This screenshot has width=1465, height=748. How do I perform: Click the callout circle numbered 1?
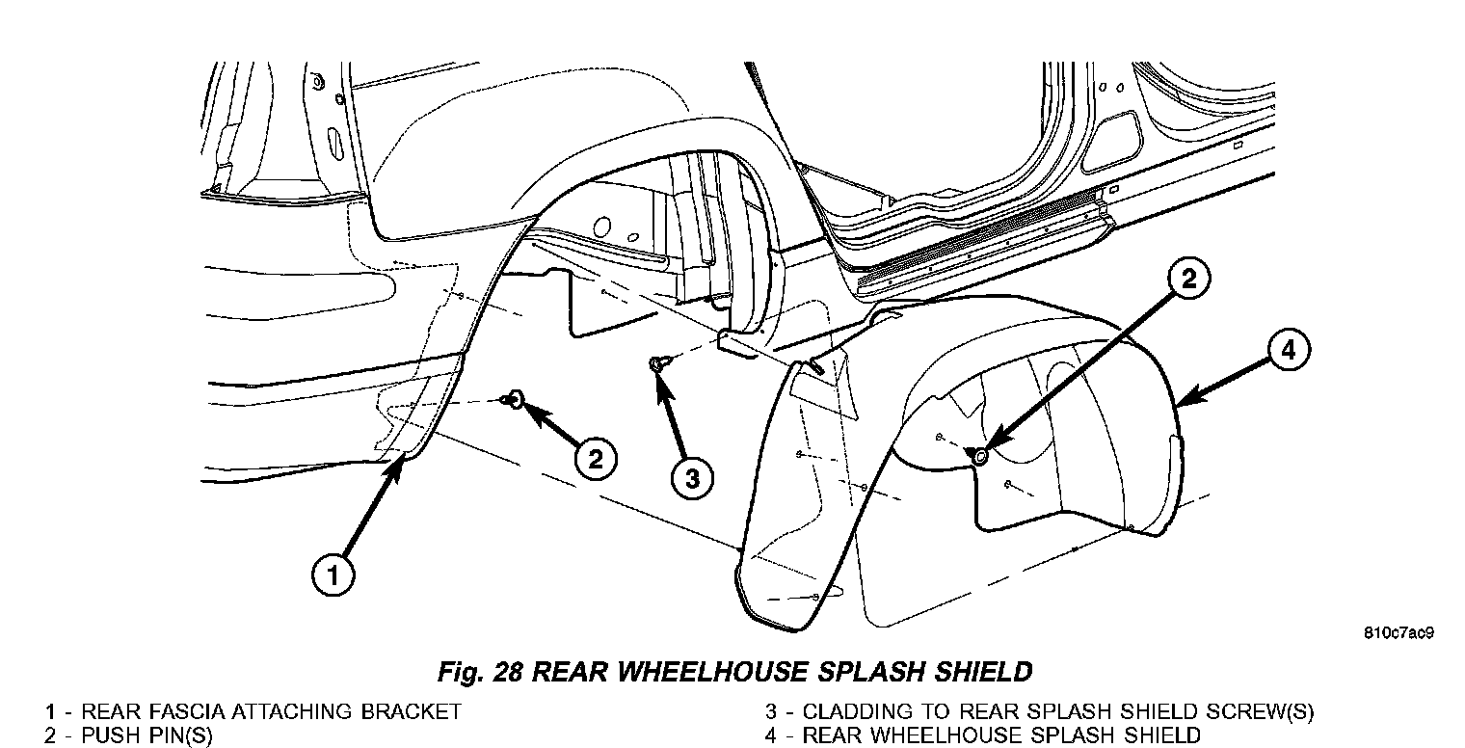(333, 577)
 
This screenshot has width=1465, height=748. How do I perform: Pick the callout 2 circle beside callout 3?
(595, 458)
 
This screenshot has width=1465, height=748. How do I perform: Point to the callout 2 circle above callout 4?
(1188, 280)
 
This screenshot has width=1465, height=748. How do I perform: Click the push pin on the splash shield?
(979, 456)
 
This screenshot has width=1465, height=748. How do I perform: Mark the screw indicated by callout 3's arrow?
(655, 363)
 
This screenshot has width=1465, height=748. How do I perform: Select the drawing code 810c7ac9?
(1399, 633)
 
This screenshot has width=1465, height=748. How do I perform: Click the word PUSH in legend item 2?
(109, 735)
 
